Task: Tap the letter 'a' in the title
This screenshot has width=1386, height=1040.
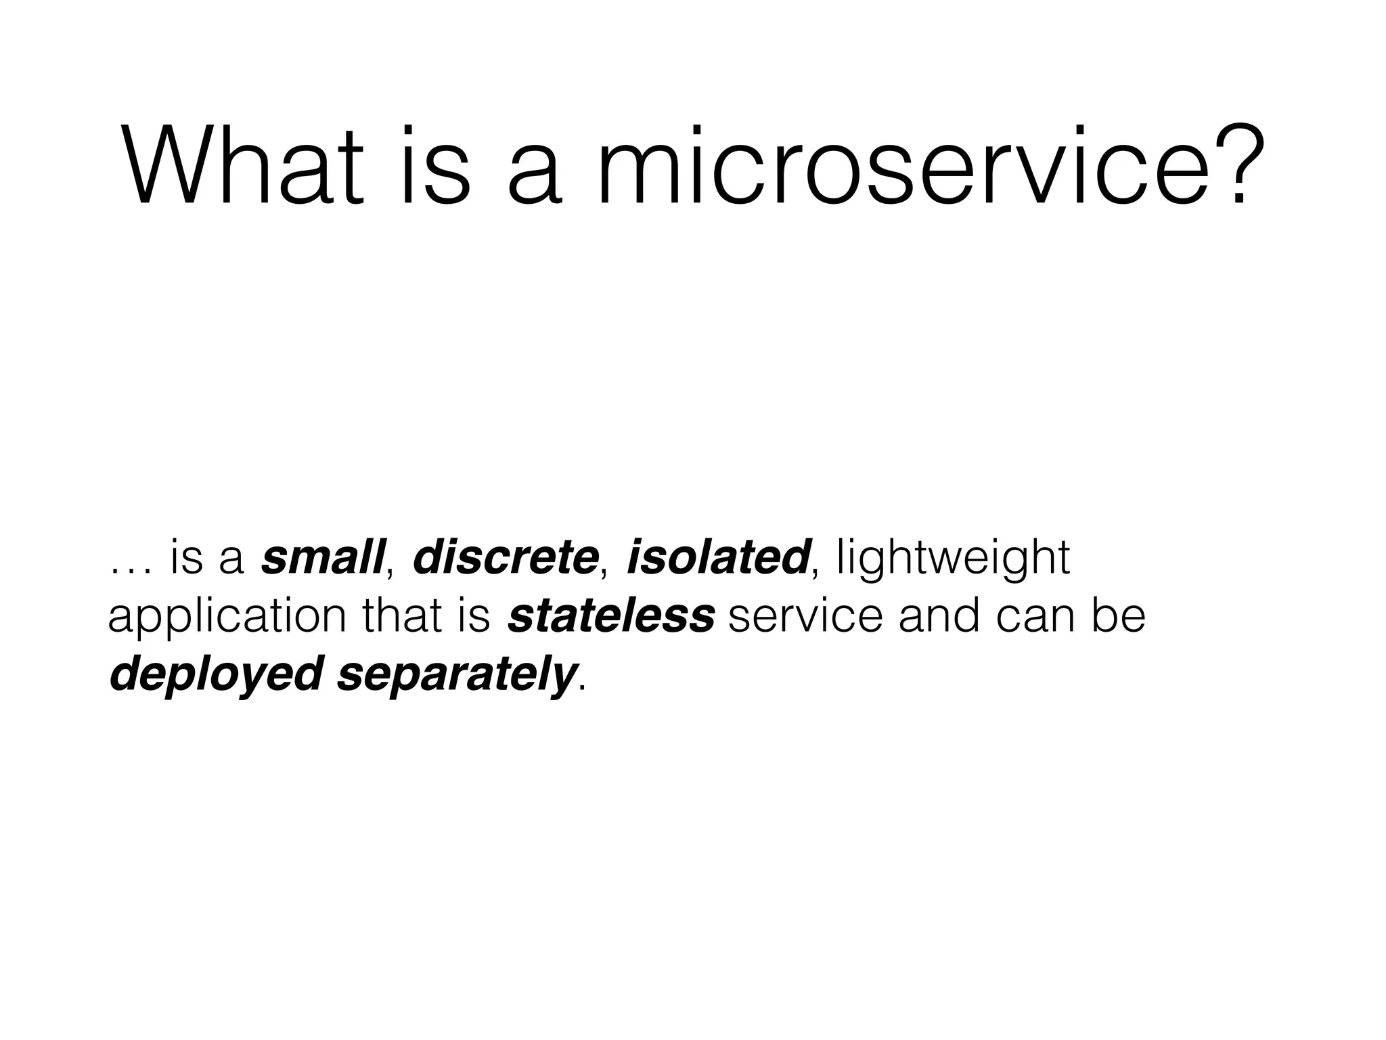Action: [535, 176]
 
